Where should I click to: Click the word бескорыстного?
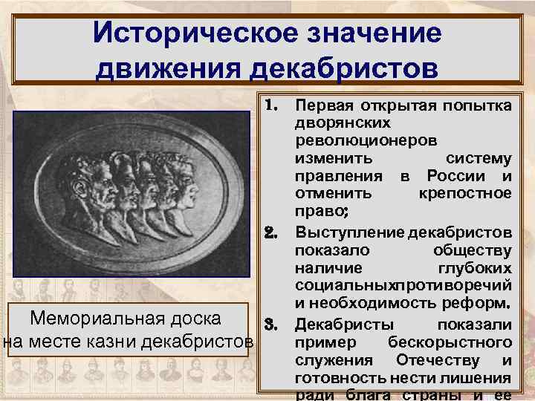pos(450,342)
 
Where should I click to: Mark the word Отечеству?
pos(438,360)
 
